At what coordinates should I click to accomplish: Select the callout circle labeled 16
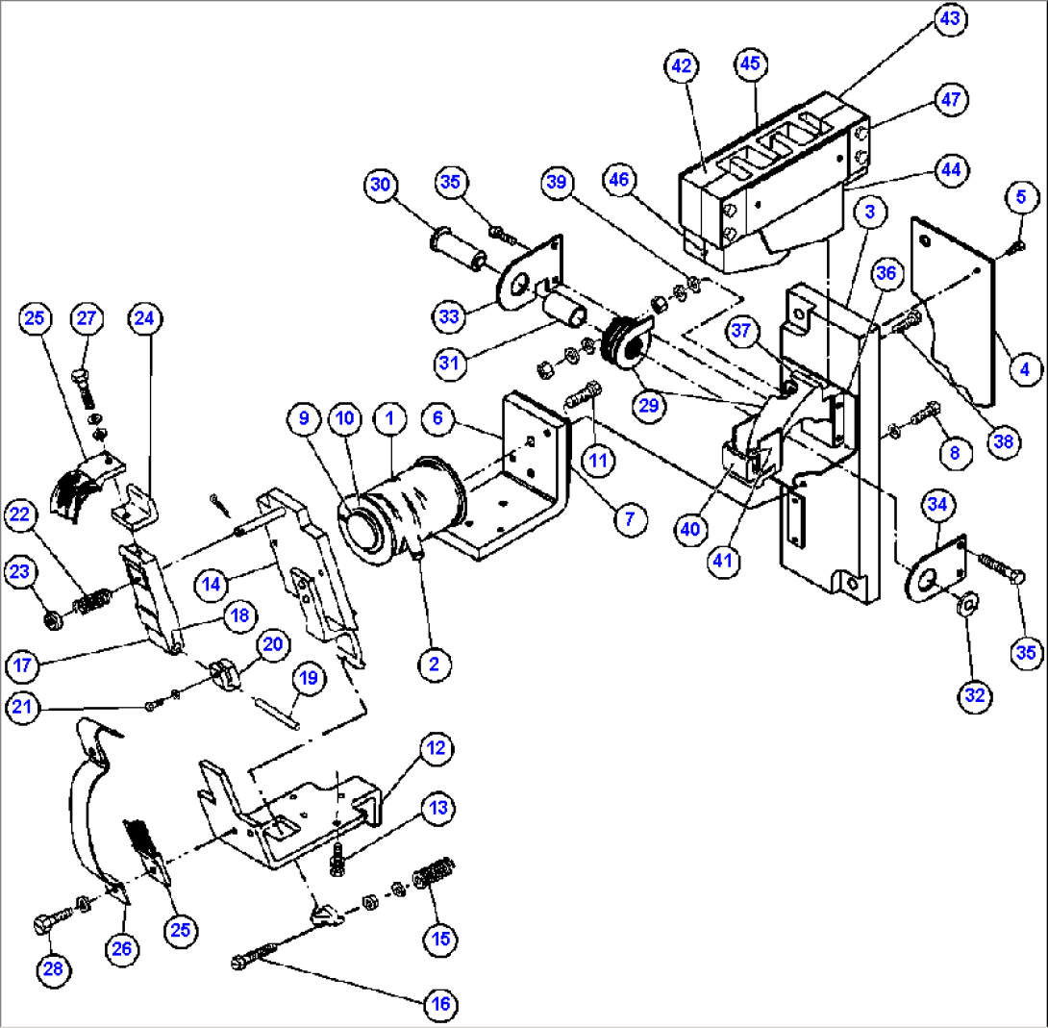coord(438,1004)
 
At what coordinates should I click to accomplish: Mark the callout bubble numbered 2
coord(435,663)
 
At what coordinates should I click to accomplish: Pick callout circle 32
coord(975,695)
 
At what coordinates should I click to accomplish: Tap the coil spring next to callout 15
coord(433,879)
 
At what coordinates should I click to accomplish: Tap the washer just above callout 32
coord(967,603)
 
